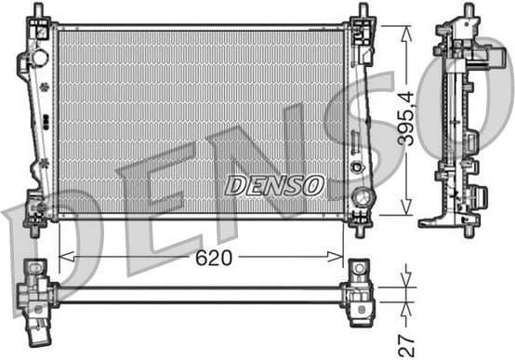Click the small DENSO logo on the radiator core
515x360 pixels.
[274, 185]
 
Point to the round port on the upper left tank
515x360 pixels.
[39, 58]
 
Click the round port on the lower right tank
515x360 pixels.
[362, 197]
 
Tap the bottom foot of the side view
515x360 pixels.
[446, 220]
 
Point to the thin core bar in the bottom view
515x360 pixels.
[200, 296]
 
